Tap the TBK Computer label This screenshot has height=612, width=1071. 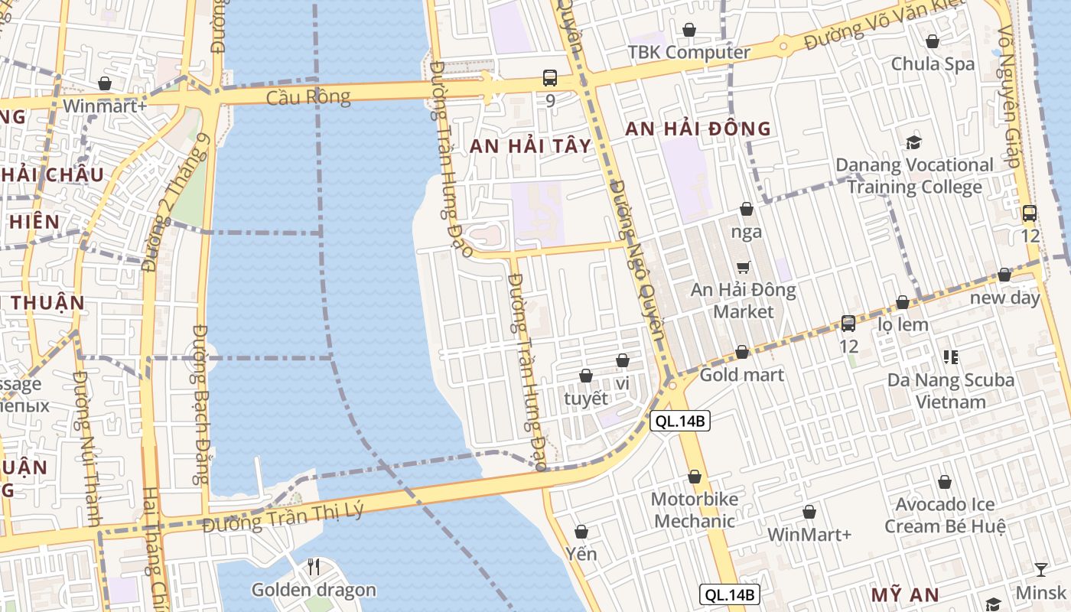tap(688, 52)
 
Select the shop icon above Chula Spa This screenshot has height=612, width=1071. tap(933, 41)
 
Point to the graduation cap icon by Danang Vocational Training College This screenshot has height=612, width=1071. tap(913, 142)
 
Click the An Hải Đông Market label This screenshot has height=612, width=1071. tap(743, 301)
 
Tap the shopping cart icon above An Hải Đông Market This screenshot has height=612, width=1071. tap(743, 267)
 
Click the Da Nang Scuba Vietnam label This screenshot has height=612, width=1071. tap(951, 390)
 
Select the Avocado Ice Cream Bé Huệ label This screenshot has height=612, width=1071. tap(945, 516)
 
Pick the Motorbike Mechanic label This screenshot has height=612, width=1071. tap(694, 510)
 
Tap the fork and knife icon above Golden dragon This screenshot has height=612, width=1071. tap(313, 567)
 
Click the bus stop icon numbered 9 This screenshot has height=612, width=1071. tap(550, 77)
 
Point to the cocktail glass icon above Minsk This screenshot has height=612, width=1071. tap(1041, 569)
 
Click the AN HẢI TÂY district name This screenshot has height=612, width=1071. tap(530, 146)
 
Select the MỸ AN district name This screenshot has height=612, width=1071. tap(906, 594)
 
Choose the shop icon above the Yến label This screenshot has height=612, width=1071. tap(581, 532)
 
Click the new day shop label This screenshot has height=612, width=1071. tap(1004, 298)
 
